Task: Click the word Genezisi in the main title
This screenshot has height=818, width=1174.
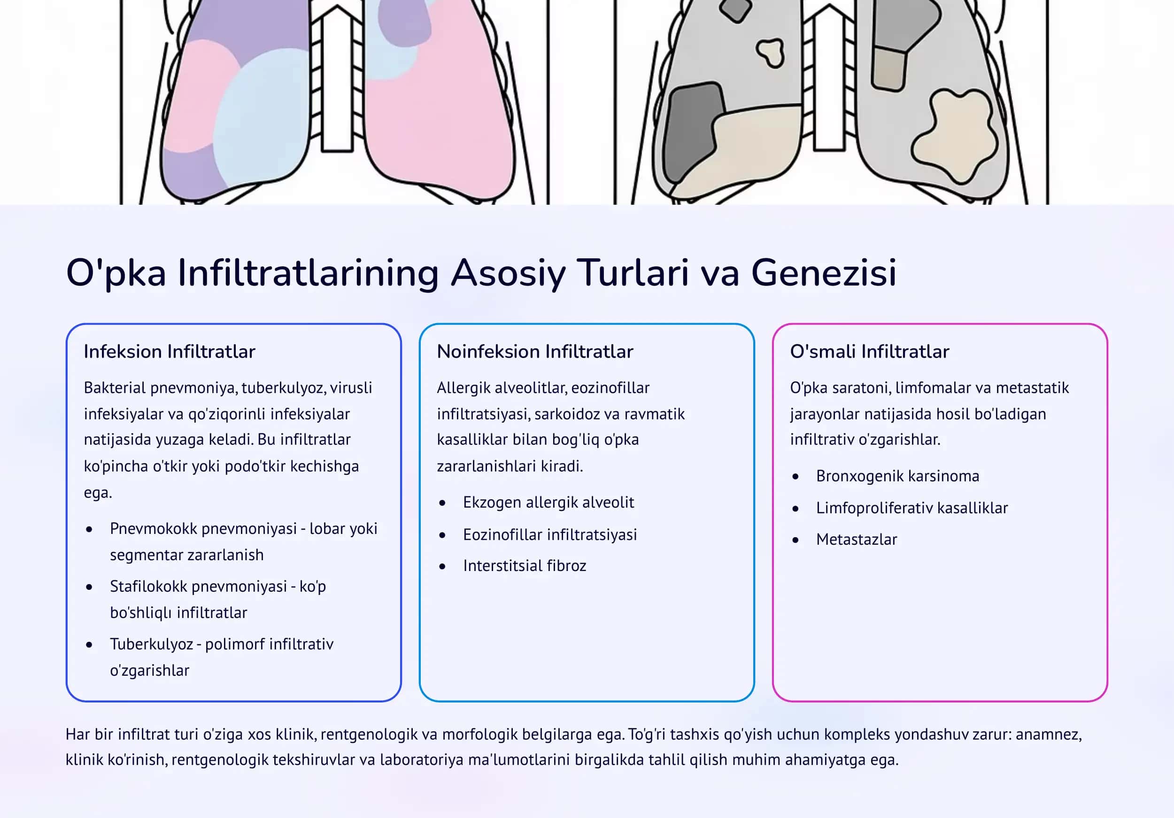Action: click(823, 272)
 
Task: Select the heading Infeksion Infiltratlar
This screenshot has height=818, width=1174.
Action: click(169, 352)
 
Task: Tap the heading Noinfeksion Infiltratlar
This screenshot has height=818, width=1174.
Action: click(535, 352)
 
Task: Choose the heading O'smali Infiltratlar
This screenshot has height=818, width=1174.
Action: click(869, 352)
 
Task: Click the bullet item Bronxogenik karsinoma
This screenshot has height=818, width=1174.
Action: click(897, 476)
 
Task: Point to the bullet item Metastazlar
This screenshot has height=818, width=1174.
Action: click(857, 540)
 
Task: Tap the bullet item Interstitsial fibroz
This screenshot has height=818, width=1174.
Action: click(525, 566)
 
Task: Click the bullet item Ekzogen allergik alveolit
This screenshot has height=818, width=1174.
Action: click(548, 502)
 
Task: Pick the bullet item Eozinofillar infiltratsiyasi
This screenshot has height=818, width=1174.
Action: click(550, 535)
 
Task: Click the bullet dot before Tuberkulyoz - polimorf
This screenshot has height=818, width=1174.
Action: click(90, 645)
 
